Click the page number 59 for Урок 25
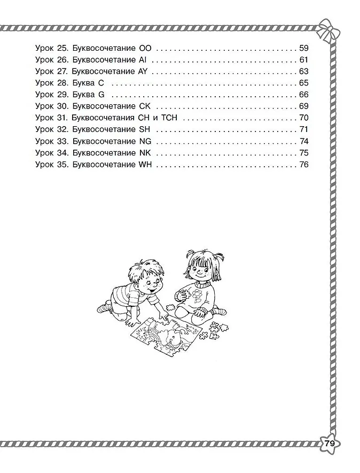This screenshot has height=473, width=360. click(x=304, y=48)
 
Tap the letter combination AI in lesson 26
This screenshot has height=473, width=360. click(x=143, y=59)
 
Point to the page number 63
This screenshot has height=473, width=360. click(x=304, y=71)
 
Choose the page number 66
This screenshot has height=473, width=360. click(x=304, y=95)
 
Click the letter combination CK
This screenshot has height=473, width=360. click(x=145, y=106)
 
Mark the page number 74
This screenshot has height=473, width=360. click(x=304, y=142)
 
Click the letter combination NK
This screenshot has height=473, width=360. click(x=145, y=153)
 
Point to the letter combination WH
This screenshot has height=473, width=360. click(x=145, y=165)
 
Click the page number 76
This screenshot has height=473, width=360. click(x=304, y=165)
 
